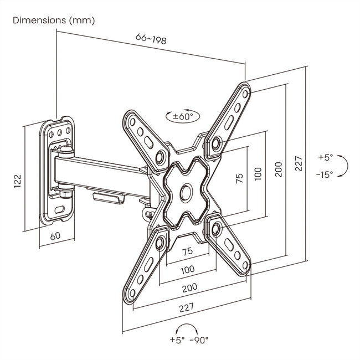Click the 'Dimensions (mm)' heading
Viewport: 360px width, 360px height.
click(54, 20)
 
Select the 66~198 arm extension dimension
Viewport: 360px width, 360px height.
click(151, 39)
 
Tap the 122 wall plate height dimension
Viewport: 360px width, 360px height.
click(18, 181)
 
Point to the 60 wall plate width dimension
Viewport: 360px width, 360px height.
click(55, 236)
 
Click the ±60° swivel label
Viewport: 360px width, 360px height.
click(183, 116)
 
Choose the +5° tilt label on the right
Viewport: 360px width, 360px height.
click(326, 157)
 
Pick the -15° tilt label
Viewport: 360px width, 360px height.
click(325, 174)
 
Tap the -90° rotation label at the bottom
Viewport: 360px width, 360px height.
click(199, 340)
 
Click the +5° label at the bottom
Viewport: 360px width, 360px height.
click(177, 340)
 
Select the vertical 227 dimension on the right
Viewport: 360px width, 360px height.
click(299, 163)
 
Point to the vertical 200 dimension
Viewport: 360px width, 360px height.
click(279, 169)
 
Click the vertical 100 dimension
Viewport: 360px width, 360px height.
click(258, 174)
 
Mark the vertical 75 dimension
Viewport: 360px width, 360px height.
click(239, 178)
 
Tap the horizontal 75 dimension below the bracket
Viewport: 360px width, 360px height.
click(187, 251)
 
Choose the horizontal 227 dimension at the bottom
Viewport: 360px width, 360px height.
click(187, 307)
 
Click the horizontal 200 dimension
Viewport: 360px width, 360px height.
click(189, 288)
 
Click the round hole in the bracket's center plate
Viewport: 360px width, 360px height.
click(186, 193)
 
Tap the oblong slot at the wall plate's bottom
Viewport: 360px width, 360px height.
click(60, 209)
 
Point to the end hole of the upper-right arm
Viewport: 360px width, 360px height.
click(245, 94)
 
